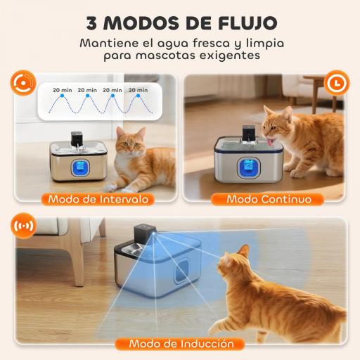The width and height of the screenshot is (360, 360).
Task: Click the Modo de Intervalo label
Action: [98, 199]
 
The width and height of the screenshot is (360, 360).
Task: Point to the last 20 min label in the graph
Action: [138, 90]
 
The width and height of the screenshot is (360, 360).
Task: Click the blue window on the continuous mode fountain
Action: [266, 169]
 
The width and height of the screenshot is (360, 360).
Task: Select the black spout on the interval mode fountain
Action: [75, 139]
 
